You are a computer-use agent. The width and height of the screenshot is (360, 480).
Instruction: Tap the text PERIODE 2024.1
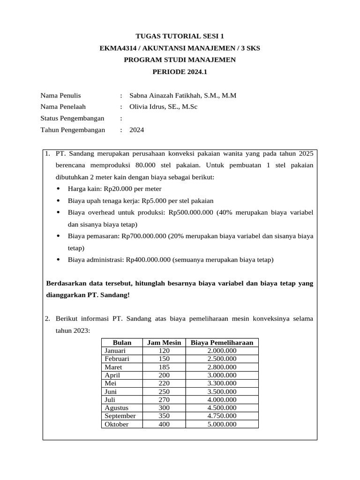(180, 72)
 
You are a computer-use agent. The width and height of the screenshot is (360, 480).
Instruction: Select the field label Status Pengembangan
(72, 118)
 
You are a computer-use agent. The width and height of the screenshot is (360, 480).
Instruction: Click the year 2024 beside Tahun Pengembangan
(137, 130)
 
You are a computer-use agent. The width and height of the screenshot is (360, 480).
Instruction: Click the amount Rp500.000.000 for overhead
(191, 213)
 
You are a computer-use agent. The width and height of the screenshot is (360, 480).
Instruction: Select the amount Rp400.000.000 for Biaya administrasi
(148, 260)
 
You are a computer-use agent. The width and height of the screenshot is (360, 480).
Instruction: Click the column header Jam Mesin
(164, 343)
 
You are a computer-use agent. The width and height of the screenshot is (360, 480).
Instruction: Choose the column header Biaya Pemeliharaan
(222, 343)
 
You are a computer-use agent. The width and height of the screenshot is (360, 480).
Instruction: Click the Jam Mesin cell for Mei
(164, 383)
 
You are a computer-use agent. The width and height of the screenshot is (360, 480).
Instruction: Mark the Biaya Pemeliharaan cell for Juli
(222, 400)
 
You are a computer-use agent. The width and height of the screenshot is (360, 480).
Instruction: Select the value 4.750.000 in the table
(222, 416)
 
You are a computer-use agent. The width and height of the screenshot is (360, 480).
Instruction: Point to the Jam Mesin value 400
(164, 424)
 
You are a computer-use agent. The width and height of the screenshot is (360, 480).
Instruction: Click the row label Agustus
(117, 408)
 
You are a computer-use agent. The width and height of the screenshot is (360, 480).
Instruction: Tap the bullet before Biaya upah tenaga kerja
(58, 201)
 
